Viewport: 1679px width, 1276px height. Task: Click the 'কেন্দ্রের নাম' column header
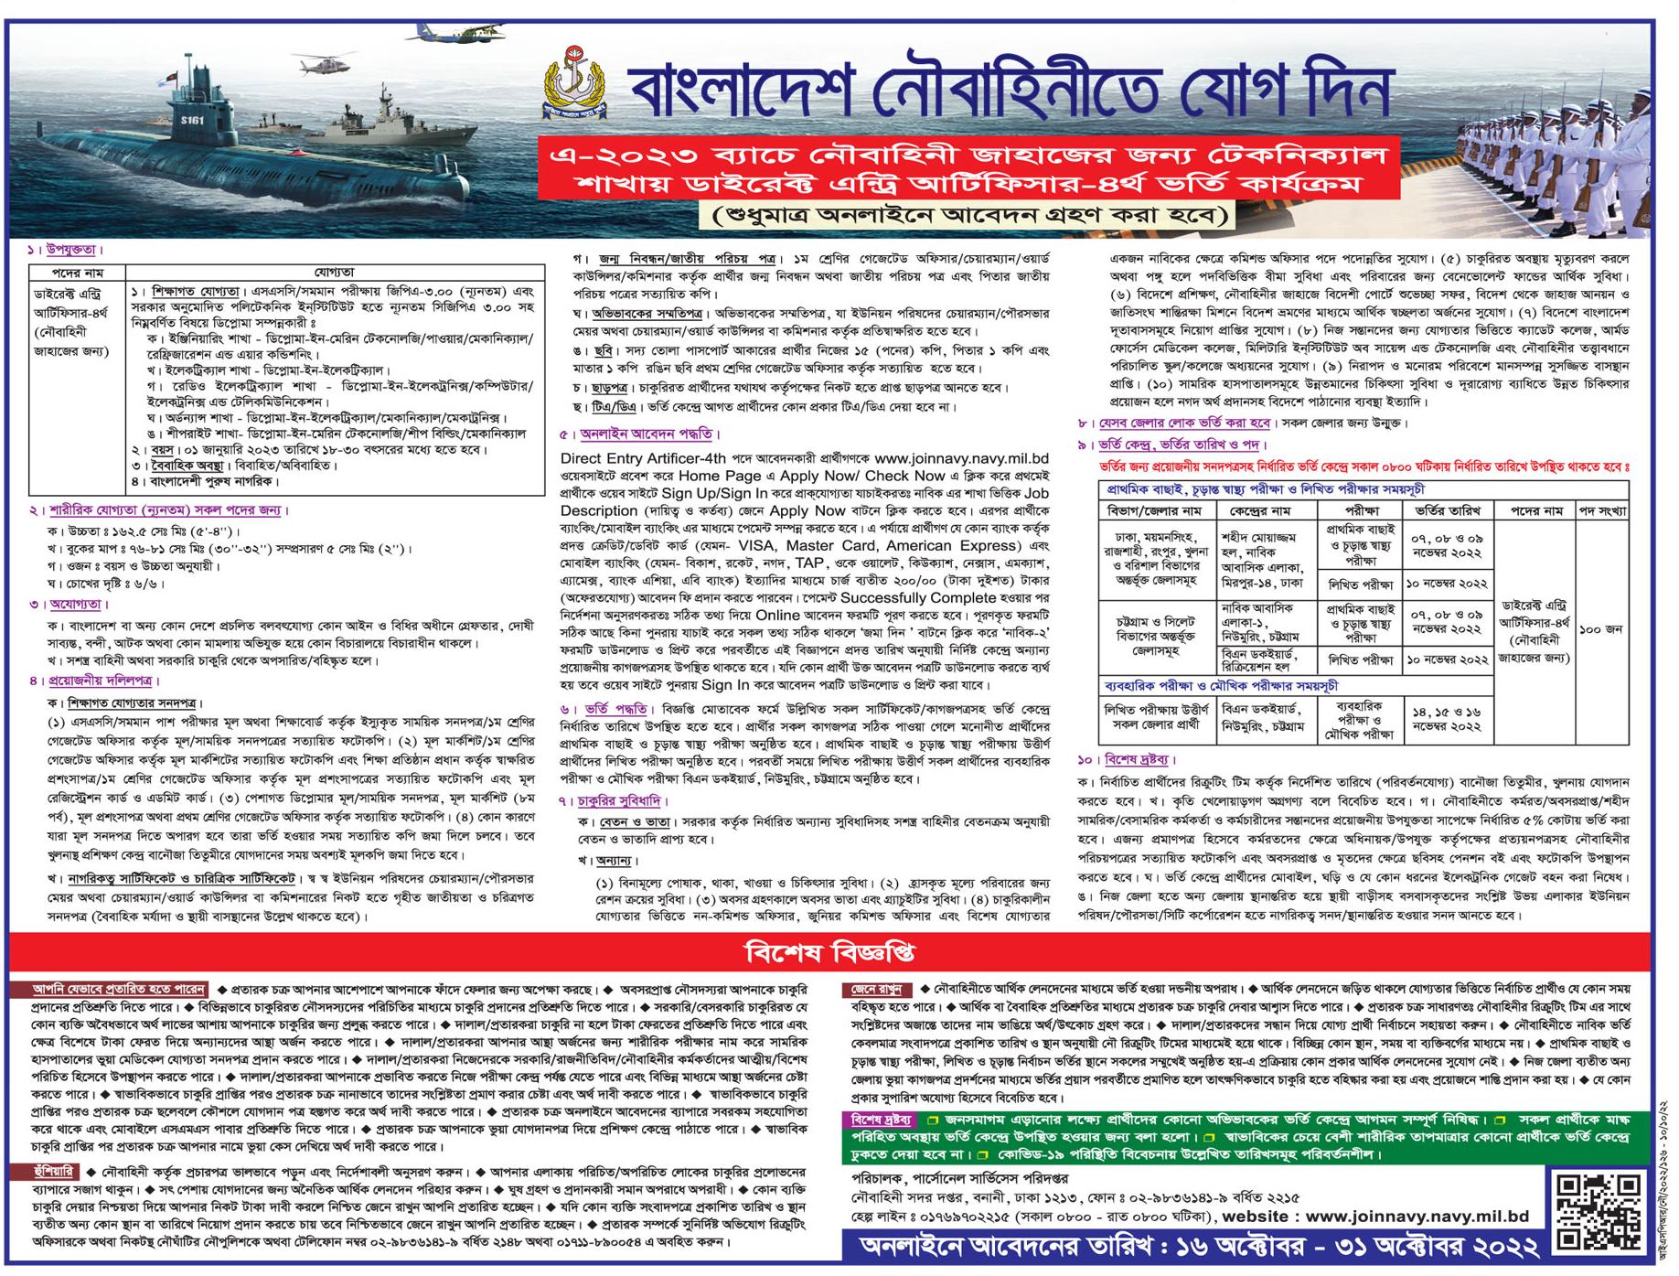[1267, 509]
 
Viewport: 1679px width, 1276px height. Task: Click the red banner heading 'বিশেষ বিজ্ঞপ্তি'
[830, 953]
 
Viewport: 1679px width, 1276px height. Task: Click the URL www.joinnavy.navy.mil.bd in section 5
[961, 458]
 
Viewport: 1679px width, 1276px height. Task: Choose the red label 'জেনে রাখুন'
[877, 989]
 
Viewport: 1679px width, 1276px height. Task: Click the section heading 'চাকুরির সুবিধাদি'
[631, 800]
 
